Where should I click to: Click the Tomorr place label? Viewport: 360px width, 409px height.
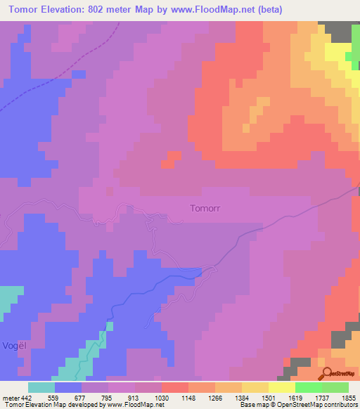tap(205, 209)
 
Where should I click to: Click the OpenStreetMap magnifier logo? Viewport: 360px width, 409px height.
tap(328, 372)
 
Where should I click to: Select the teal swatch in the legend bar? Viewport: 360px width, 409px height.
tap(41, 387)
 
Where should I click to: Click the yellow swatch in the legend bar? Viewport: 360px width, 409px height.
tap(282, 387)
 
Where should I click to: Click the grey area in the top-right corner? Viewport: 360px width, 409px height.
tap(340, 31)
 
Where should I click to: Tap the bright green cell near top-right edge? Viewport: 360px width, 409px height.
tap(349, 59)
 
